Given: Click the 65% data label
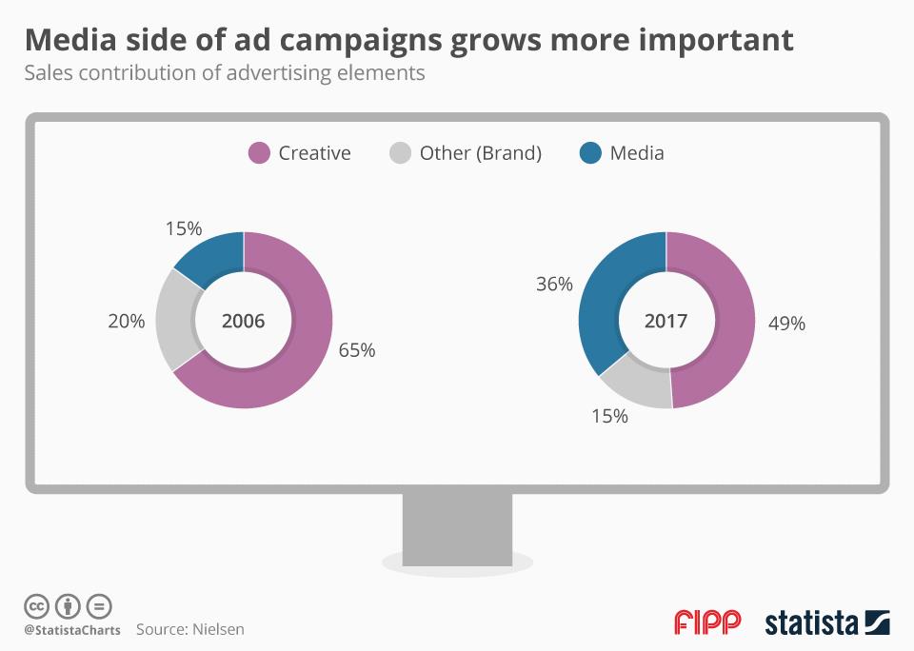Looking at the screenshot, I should click(357, 350).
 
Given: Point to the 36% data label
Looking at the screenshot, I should click(554, 284).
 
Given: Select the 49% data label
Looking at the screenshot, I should click(786, 324).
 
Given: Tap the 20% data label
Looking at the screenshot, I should click(126, 322).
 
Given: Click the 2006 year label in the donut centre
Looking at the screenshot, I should click(243, 321).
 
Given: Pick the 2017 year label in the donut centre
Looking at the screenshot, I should click(666, 321).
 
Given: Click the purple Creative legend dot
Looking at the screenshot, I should click(259, 153).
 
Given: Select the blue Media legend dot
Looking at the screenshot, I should click(590, 153).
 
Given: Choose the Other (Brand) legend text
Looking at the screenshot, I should click(480, 153).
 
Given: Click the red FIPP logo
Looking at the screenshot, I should click(706, 623).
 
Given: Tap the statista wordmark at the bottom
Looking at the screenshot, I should click(811, 624).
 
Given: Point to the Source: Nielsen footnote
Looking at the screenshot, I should click(189, 629).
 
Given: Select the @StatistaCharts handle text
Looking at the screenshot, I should click(72, 630).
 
